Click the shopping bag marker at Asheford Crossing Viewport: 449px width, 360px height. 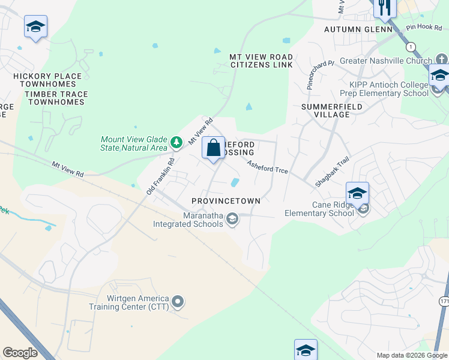coord(214,148)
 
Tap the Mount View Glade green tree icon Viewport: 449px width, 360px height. coord(176,143)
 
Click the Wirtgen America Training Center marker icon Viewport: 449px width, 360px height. coord(178,302)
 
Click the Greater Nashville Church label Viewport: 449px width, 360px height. coord(385,61)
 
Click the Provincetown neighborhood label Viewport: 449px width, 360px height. coord(226,200)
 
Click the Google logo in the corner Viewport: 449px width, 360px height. coord(20,353)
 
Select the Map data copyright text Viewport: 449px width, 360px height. coord(412,355)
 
